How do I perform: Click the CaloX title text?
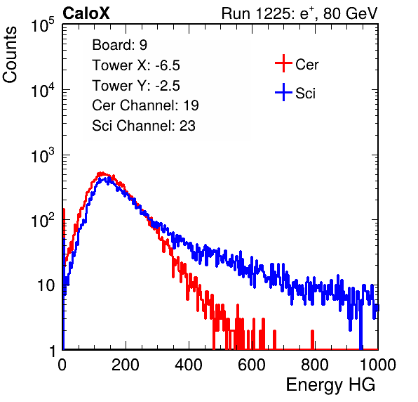point(86,13)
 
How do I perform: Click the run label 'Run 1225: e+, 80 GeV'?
point(299,13)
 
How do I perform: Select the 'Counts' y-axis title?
point(10,55)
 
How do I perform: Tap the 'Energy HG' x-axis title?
point(330,385)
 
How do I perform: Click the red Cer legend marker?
point(283,63)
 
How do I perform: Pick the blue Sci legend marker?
point(283,93)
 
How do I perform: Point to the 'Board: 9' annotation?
point(119,45)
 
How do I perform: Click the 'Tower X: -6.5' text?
point(136,65)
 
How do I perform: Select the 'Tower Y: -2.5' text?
point(136,86)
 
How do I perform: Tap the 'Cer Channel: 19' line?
point(145,105)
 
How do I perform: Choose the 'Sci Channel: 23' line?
point(144,126)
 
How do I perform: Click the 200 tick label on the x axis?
point(126,365)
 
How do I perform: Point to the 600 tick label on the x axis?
point(252,365)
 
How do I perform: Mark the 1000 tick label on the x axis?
point(378,365)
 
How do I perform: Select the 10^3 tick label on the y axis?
point(43,155)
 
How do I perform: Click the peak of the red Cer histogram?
point(101,174)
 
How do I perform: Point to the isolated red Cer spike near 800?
point(312,339)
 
